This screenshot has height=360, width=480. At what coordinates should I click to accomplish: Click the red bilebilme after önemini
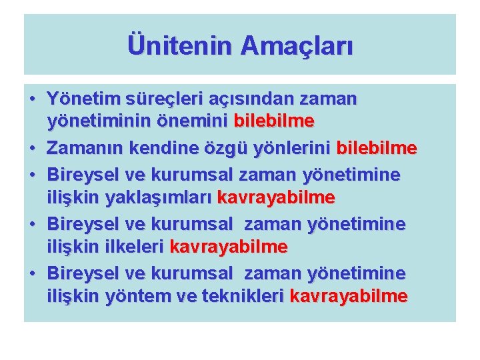274,122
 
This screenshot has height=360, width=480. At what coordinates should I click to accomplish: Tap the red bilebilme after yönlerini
377,147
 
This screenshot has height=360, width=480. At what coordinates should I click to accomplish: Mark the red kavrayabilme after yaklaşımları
276,198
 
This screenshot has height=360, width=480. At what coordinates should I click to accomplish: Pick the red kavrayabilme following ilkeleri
229,247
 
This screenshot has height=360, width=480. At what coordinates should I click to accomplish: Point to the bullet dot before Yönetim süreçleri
33,99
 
